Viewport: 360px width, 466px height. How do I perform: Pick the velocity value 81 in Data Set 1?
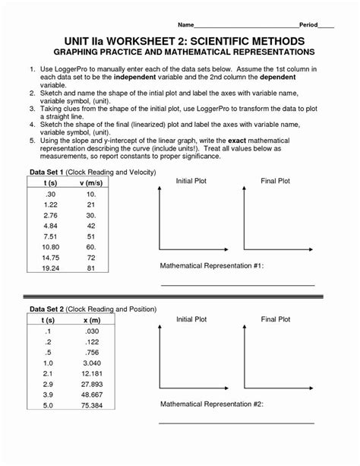[90, 268]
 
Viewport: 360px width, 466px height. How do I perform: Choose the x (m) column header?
[90, 321]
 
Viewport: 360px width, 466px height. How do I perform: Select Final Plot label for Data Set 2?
[275, 319]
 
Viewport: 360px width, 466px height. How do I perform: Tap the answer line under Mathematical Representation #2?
[236, 422]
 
